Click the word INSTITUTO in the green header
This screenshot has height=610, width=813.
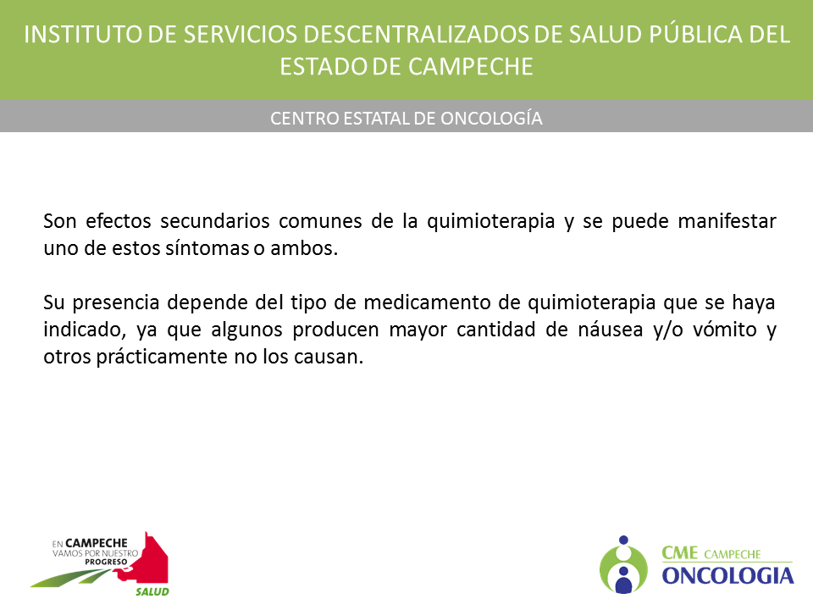[x=83, y=35]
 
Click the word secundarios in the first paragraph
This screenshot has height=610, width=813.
[x=214, y=221]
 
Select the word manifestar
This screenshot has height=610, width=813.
[x=727, y=221]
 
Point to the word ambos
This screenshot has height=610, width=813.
[x=304, y=248]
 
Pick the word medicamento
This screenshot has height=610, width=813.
[x=427, y=302]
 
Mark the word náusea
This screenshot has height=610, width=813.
[x=611, y=330]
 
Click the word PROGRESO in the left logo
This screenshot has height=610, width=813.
[x=107, y=562]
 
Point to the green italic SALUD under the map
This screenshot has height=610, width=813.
[x=152, y=592]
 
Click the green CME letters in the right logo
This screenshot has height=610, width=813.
[x=680, y=553]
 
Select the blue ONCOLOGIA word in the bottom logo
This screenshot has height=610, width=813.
[x=728, y=576]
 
